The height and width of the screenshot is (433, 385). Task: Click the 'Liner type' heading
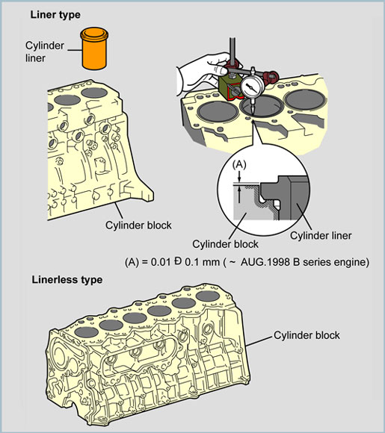click(55, 15)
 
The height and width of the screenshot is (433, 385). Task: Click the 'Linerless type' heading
click(67, 280)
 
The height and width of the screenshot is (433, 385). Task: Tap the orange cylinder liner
click(94, 49)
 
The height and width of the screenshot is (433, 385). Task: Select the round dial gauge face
click(252, 86)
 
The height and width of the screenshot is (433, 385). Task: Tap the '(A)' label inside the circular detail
click(239, 164)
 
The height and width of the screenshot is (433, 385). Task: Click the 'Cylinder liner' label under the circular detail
click(321, 236)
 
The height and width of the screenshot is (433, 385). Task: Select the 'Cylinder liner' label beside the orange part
click(45, 52)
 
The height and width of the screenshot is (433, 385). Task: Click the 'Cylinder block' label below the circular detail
click(225, 244)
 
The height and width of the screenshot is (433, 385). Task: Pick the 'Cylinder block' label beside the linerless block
click(307, 335)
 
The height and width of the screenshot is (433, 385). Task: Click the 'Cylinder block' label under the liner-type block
click(138, 225)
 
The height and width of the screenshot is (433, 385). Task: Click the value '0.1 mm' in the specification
click(202, 262)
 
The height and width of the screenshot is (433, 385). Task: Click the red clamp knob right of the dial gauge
click(271, 75)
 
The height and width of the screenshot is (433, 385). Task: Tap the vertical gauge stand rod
click(232, 52)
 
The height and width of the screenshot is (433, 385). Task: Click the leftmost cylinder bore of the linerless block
click(86, 332)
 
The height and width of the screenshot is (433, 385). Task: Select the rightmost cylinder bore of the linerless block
click(208, 296)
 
